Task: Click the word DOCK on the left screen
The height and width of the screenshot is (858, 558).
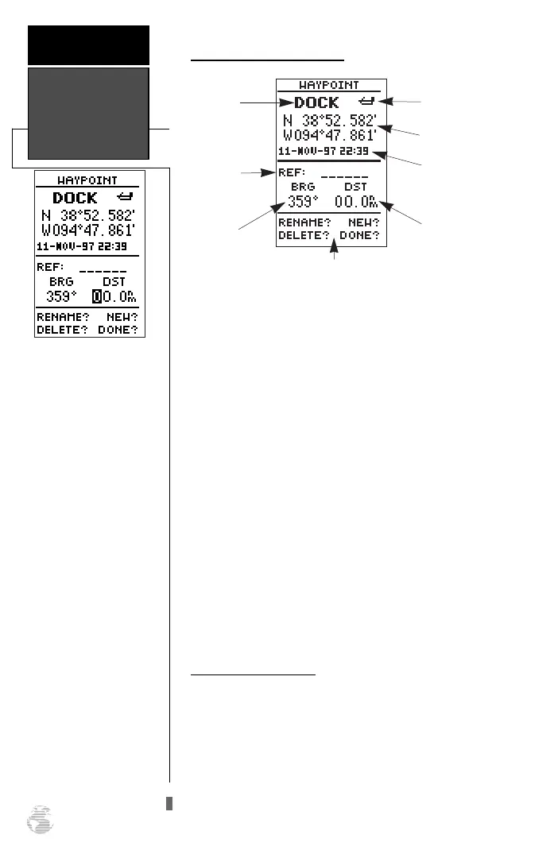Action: point(75,198)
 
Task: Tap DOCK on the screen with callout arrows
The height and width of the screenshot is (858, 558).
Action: point(317,102)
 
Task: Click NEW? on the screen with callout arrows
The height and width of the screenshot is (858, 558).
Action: point(363,223)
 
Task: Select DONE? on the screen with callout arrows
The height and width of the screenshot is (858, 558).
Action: point(359,236)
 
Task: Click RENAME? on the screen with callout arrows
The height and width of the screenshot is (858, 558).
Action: point(304,223)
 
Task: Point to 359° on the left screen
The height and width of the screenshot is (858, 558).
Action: point(60,296)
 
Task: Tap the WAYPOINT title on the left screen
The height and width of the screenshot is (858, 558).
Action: point(90,180)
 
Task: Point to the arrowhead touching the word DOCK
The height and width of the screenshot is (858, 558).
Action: point(288,102)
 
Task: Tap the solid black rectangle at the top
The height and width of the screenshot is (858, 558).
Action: point(88,44)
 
